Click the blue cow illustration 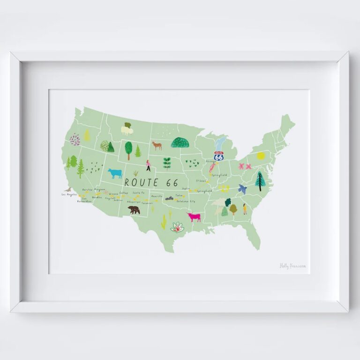pyautogui.click(x=115, y=173)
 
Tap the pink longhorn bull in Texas pyautogui.click(x=194, y=217)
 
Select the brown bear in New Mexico pyautogui.click(x=134, y=210)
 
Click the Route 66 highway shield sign pyautogui.click(x=219, y=156)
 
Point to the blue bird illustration pyautogui.click(x=242, y=189)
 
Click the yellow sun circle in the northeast pyautogui.click(x=261, y=156)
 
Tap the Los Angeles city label pyautogui.click(x=68, y=194)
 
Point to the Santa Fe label pyautogui.click(x=138, y=193)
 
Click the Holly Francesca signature pyautogui.click(x=293, y=266)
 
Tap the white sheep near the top pyautogui.click(x=127, y=129)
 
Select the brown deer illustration pyautogui.click(x=157, y=145)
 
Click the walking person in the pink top pyautogui.click(x=148, y=165)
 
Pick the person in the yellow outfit pyautogui.click(x=245, y=209)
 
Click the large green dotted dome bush pyautogui.click(x=180, y=142)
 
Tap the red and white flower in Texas pyautogui.click(x=177, y=228)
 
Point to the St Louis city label pyautogui.click(x=201, y=180)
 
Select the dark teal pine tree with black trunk pyautogui.click(x=259, y=181)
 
